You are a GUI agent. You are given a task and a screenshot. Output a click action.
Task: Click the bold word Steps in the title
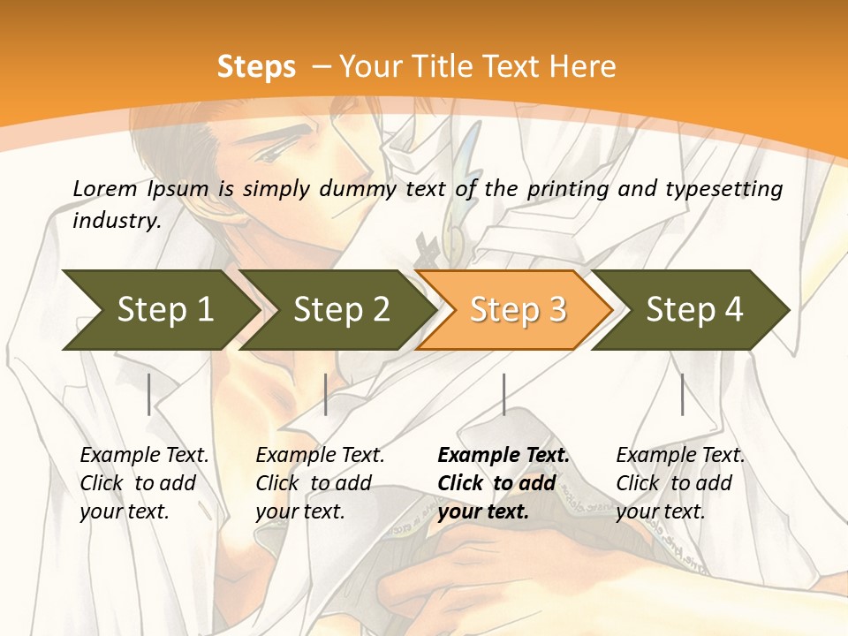coord(256,67)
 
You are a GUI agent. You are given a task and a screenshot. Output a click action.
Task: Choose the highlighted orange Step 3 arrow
coord(518,310)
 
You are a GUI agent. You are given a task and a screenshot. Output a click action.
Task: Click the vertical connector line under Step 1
coord(149,394)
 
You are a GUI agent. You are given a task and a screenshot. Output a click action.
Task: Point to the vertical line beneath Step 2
coord(326,394)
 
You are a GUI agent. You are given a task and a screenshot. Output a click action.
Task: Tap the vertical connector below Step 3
coord(503,394)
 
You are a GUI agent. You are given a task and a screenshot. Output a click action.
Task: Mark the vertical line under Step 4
coord(682,394)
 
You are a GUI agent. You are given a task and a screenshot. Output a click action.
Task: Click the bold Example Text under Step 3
coord(503,483)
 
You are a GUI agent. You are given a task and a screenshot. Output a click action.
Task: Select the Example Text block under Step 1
coord(144,483)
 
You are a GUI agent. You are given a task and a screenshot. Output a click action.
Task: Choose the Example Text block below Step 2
coord(320,483)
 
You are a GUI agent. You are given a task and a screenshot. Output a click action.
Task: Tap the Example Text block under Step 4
coord(680,483)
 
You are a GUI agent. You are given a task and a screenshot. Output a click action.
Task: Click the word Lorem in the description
coord(104,189)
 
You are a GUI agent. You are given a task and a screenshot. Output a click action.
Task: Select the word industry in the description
coord(117,221)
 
